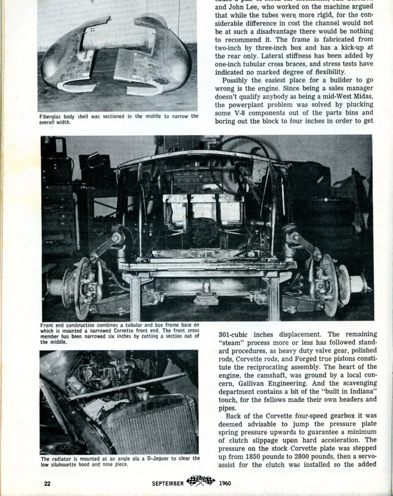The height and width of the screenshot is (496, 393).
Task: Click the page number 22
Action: point(48,483)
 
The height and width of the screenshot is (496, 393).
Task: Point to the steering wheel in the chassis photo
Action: point(241,164)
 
